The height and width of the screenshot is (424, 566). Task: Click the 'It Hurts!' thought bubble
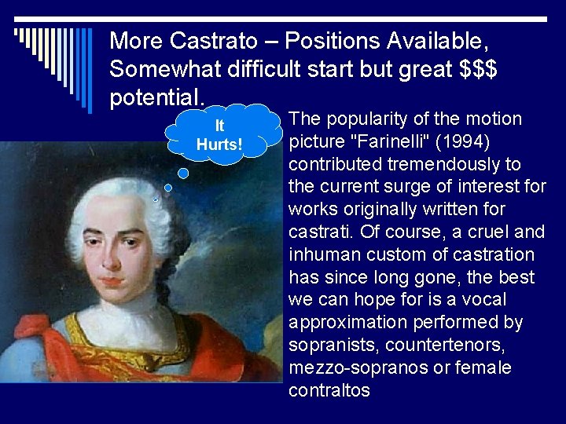(x=219, y=135)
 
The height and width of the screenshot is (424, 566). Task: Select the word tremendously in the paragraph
(x=449, y=164)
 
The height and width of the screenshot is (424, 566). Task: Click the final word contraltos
(x=329, y=391)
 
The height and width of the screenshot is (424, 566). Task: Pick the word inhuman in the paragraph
(x=323, y=255)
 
